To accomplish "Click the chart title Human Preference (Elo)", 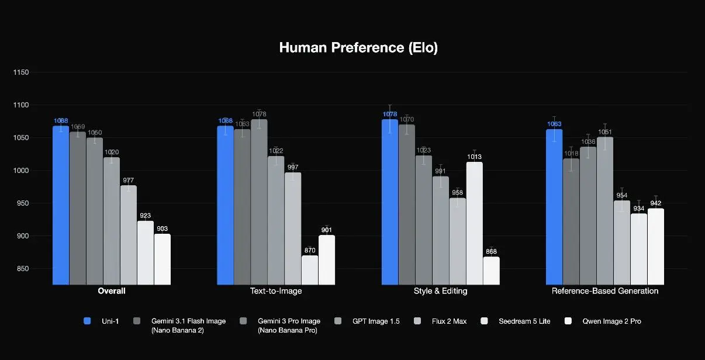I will tap(358, 48).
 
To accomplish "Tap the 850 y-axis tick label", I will tap(24, 269).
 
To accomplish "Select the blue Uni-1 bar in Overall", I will tap(61, 205).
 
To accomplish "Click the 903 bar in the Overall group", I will tap(163, 259).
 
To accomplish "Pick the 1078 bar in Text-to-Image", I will tap(259, 202).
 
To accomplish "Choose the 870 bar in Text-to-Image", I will tap(310, 270).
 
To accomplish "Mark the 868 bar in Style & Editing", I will tap(491, 271).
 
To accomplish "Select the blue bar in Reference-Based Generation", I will tap(554, 207).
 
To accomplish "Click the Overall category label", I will tap(112, 291).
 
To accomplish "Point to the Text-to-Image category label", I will tap(276, 291).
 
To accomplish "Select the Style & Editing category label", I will tap(440, 291).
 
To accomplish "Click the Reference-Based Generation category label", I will tap(605, 291).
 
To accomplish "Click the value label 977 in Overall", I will tap(129, 180).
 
